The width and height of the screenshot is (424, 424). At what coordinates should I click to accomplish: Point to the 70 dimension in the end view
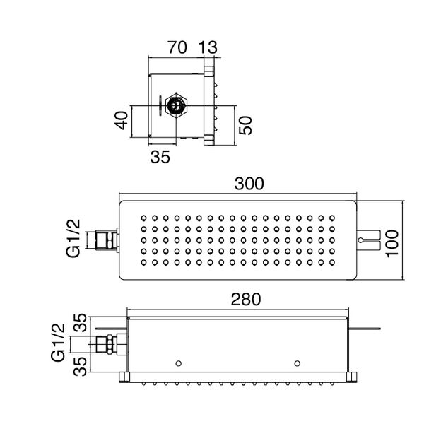[176, 49]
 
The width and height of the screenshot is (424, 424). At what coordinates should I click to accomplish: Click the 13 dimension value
[209, 49]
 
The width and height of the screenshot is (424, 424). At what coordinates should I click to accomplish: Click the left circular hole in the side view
[178, 363]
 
